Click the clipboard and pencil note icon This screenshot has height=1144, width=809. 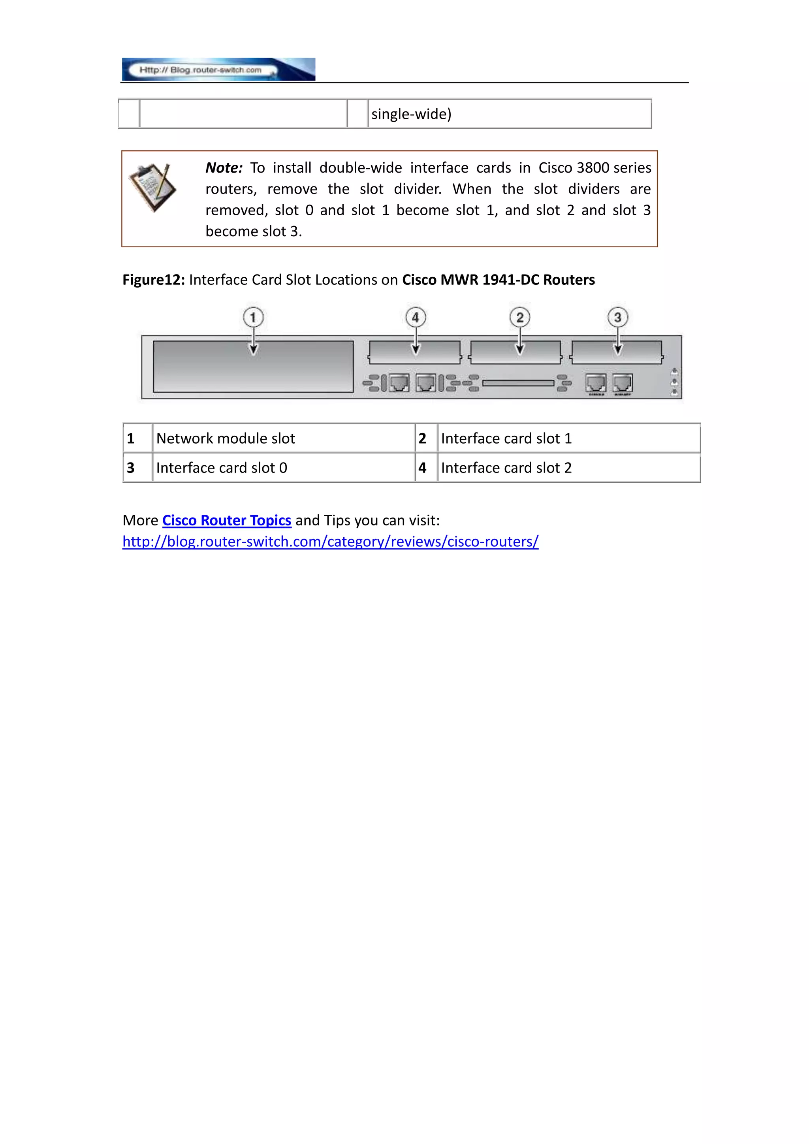(152, 187)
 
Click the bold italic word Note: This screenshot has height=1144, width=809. (224, 168)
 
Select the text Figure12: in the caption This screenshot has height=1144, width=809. (153, 280)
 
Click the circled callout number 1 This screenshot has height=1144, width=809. (253, 317)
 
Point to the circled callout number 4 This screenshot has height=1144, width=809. (416, 317)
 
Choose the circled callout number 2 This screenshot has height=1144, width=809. (519, 317)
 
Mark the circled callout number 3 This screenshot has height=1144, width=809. (618, 317)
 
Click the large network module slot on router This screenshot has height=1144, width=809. (253, 367)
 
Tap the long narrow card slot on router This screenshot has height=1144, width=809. (518, 383)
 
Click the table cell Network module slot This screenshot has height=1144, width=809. (226, 438)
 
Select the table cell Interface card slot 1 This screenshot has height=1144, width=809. (506, 438)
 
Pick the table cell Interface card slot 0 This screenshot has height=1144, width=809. (222, 468)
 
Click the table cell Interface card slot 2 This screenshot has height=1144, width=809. (506, 468)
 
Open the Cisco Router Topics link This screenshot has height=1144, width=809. (227, 520)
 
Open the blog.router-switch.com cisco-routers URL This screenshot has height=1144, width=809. (330, 542)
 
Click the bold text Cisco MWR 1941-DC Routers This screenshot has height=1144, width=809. (498, 280)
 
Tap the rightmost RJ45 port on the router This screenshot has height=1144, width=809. (623, 383)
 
